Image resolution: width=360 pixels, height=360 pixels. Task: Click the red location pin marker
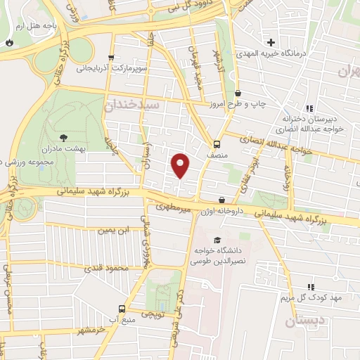tap(181, 165)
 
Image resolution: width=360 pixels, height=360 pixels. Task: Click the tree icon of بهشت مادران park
tap(64, 139)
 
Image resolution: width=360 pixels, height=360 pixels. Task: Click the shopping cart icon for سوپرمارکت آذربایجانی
tap(110, 58)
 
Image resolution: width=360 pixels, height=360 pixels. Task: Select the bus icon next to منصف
tap(217, 140)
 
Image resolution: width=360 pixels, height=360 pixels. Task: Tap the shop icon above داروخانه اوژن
tap(222, 200)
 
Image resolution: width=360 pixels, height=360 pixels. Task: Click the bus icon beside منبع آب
tap(122, 309)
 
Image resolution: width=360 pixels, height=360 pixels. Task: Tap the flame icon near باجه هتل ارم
tap(9, 42)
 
